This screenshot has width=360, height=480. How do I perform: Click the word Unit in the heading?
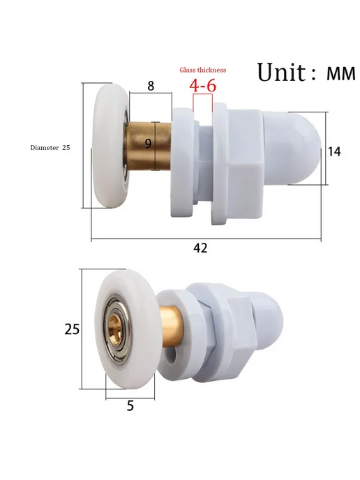tap(281, 73)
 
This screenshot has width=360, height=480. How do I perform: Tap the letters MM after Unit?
tap(341, 74)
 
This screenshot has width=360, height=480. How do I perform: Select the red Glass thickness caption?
tap(202, 70)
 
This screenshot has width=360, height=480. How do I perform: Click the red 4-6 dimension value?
tap(202, 85)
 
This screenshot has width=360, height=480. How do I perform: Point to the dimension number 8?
tap(151, 86)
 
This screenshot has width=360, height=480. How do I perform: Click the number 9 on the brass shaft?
tap(148, 143)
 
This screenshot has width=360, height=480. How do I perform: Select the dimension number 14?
tap(334, 151)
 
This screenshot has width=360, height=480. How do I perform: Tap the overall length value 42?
tap(200, 248)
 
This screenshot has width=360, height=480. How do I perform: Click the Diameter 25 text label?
tap(50, 147)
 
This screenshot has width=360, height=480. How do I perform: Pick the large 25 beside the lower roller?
tap(72, 329)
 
